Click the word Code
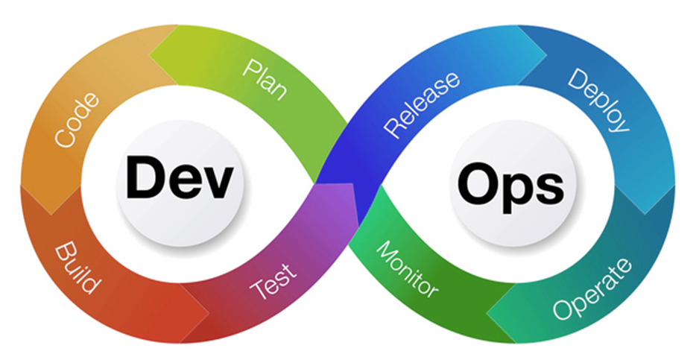(76, 120)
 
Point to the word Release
(422, 105)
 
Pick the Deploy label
(598, 100)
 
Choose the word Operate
(592, 288)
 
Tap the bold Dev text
(179, 177)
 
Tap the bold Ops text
(510, 183)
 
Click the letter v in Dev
(216, 183)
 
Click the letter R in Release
(392, 130)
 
